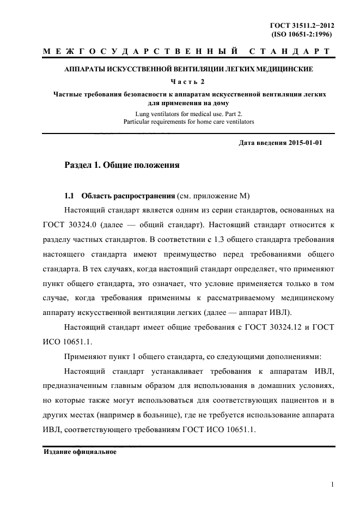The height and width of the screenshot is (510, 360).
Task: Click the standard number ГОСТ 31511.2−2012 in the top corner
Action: tap(301, 26)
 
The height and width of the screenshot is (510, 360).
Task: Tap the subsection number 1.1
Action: tap(69, 196)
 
